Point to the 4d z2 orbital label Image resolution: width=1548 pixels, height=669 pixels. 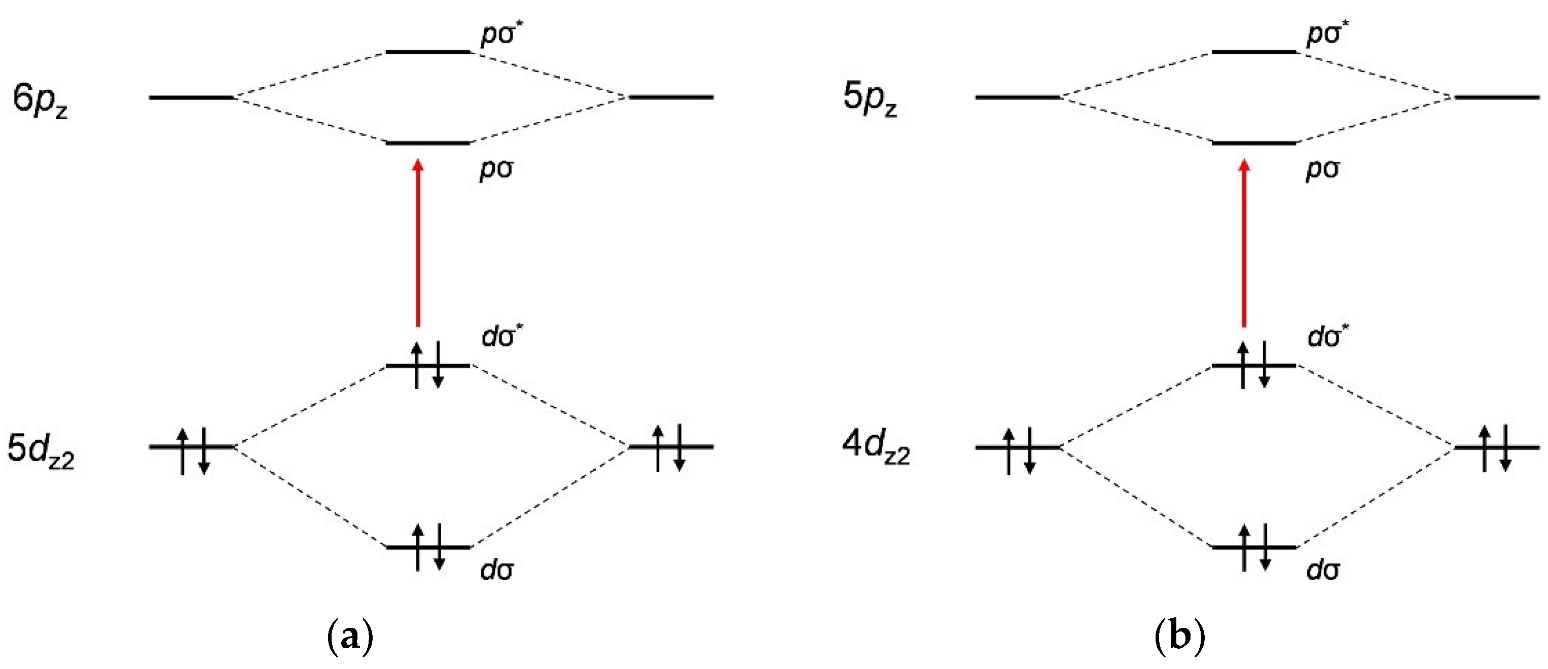tap(876, 448)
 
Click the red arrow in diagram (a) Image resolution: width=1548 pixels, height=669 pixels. tap(418, 243)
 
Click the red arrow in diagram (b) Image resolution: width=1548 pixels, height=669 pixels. tap(1244, 243)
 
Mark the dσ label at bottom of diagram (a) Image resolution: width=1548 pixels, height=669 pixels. tap(497, 569)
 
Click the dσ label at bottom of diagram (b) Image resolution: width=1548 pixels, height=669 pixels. tap(1323, 569)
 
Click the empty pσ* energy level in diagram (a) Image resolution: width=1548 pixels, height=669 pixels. tap(428, 52)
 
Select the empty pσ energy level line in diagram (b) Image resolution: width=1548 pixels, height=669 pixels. tap(1254, 143)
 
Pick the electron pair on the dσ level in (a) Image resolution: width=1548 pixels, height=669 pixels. tap(428, 546)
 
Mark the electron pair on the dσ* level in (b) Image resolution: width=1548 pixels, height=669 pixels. tap(1254, 365)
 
